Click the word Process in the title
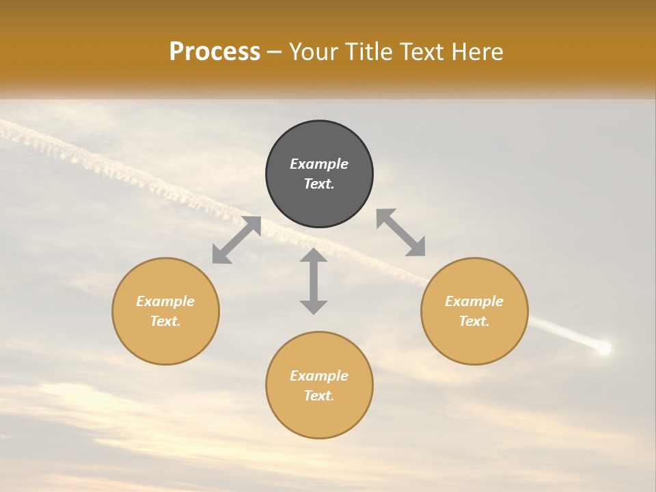[215, 52]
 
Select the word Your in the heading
[312, 52]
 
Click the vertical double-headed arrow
[314, 281]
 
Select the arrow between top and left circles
[236, 240]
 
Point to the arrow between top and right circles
[401, 232]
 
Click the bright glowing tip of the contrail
[603, 348]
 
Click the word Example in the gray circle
[319, 164]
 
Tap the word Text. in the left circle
[165, 321]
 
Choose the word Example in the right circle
[474, 301]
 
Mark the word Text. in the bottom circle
[319, 396]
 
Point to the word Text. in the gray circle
[319, 184]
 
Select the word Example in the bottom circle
[319, 376]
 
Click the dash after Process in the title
[275, 52]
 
